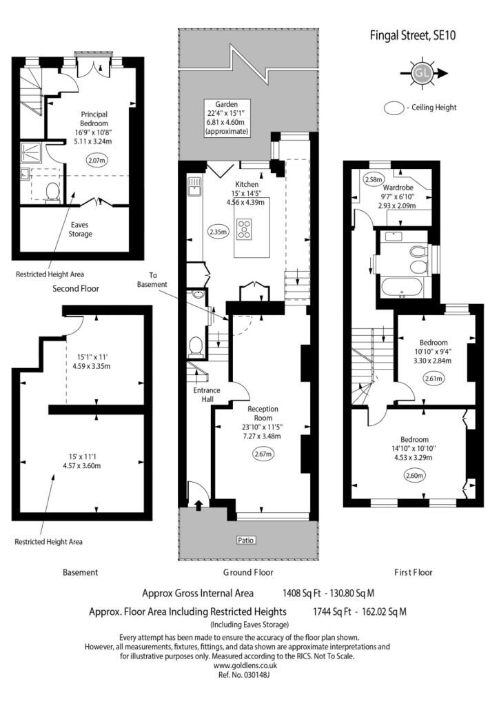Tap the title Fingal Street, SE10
[x=413, y=35]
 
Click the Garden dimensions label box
[x=226, y=117]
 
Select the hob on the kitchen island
[x=245, y=229]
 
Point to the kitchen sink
[x=194, y=186]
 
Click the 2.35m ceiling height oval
[x=218, y=232]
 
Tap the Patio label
[x=245, y=540]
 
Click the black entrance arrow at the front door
[x=199, y=505]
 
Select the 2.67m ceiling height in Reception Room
[x=263, y=454]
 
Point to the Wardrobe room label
[x=398, y=188]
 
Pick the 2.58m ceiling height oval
[x=374, y=179]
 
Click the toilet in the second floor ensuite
[x=52, y=192]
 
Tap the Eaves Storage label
[x=80, y=229]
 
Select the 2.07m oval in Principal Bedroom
[x=97, y=160]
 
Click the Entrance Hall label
[x=207, y=394]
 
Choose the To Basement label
[x=152, y=280]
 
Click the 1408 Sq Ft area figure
[x=301, y=593]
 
